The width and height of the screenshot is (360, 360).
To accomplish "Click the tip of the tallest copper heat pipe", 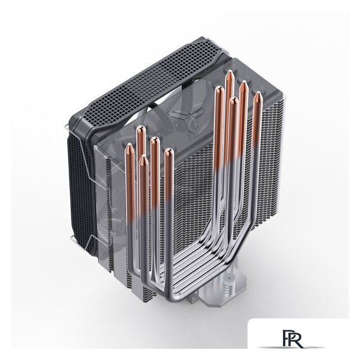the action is (229, 71).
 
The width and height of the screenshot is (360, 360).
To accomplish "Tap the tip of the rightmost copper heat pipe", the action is (258, 92).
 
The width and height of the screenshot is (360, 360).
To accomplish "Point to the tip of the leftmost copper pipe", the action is (130, 145).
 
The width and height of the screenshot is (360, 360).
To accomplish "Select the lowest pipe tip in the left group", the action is (143, 156).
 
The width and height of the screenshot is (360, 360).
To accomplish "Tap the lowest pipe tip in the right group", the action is (234, 98).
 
